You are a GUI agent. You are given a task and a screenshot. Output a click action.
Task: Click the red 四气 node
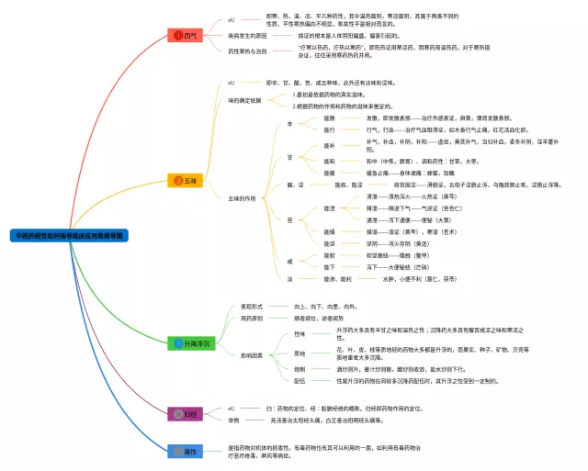[187, 35]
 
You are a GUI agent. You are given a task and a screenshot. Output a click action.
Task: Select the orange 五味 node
[187, 180]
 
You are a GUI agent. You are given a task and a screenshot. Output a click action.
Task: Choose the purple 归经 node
[186, 414]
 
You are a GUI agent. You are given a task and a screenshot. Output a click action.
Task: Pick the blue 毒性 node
[186, 451]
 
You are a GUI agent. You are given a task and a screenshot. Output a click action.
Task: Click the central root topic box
[69, 236]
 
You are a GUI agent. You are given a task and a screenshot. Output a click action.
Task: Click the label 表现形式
[252, 306]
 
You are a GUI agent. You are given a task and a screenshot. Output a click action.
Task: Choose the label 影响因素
[252, 354]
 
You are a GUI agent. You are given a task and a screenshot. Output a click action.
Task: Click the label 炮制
[300, 368]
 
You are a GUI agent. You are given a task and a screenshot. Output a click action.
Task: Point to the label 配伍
[300, 380]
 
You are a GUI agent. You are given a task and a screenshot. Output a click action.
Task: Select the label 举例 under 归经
[234, 420]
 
